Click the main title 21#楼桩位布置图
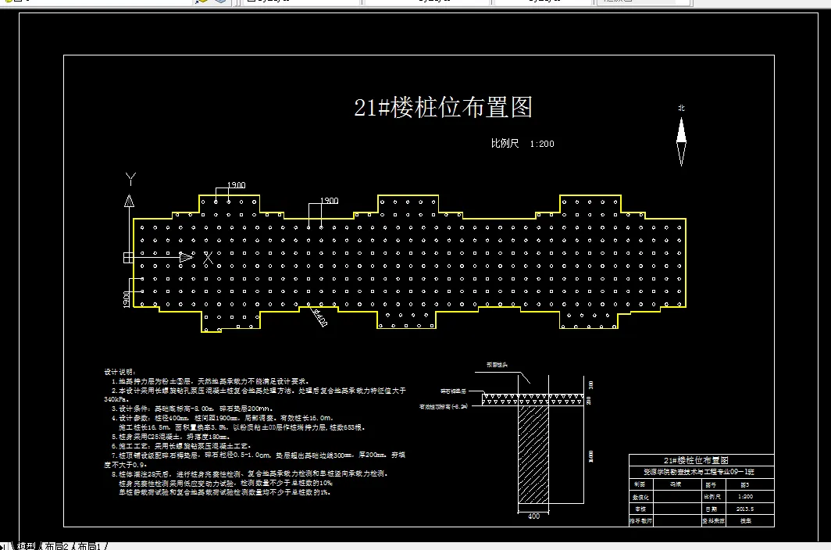click(443, 108)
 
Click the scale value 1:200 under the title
click(541, 144)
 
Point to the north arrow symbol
click(681, 141)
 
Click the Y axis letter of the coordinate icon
click(130, 179)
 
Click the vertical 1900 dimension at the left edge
click(126, 299)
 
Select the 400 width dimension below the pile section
click(533, 516)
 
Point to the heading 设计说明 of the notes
click(119, 371)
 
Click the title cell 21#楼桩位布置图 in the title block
click(701, 461)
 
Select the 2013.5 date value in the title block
click(746, 509)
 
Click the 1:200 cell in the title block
click(746, 496)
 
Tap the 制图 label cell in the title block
click(640, 484)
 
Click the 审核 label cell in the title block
click(640, 509)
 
